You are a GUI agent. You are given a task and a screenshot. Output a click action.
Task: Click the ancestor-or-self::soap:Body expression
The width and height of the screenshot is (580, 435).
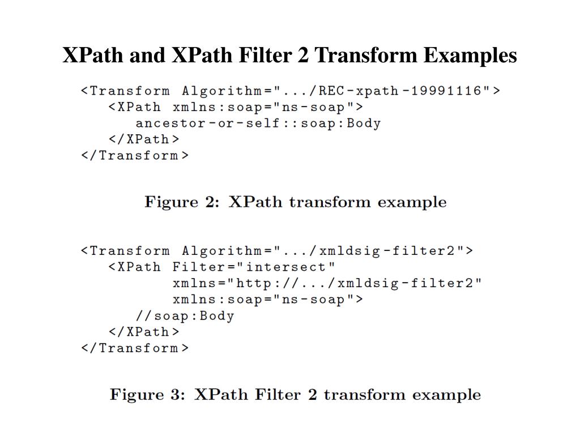pos(258,123)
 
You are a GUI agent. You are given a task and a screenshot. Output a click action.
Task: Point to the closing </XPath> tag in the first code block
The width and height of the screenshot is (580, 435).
pos(144,139)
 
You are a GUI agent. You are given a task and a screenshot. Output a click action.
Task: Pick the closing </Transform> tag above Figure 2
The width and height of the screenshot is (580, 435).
pos(135,155)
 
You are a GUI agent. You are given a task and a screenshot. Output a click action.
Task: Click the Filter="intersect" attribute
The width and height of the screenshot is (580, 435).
pos(254,267)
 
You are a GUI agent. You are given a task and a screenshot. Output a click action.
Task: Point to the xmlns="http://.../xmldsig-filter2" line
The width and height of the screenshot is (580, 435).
pos(327,283)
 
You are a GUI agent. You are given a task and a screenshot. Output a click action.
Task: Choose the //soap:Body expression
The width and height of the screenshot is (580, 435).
pos(185,316)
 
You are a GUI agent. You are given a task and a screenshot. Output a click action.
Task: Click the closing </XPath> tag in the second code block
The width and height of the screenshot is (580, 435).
pos(144,332)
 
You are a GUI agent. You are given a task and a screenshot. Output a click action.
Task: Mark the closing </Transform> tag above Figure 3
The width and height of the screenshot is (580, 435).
pos(135,348)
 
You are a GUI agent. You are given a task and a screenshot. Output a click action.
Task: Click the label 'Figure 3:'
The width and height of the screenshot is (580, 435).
pos(147,395)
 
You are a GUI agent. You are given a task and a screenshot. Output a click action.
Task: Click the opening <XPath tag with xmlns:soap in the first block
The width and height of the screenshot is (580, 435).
pos(134,107)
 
